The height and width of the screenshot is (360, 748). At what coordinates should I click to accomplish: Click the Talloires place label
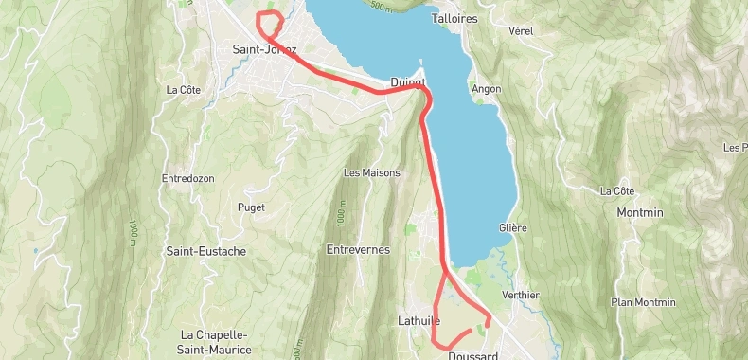(x=454, y=18)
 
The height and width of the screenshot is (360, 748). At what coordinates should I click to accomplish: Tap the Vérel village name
(x=521, y=31)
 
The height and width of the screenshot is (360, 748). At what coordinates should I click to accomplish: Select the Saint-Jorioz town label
(x=264, y=50)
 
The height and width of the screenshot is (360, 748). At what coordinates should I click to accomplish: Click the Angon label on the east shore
(x=486, y=89)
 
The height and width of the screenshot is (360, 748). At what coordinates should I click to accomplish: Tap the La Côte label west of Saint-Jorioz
(x=184, y=90)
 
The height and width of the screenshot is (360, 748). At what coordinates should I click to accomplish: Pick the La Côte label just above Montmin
(x=616, y=191)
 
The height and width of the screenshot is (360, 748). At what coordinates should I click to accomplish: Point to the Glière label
(x=512, y=228)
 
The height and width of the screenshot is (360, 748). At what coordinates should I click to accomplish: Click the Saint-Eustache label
(x=206, y=251)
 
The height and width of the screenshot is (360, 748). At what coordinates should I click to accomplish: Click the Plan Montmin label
(x=644, y=302)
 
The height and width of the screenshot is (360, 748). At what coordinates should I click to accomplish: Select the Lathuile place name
(x=415, y=322)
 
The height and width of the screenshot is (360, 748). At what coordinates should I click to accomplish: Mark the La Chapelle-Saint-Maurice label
(x=215, y=342)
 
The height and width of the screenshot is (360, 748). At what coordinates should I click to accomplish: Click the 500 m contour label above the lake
(x=381, y=6)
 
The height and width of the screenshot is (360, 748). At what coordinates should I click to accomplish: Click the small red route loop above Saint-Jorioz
(x=270, y=21)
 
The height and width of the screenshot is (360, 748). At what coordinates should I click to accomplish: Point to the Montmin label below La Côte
(x=640, y=212)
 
